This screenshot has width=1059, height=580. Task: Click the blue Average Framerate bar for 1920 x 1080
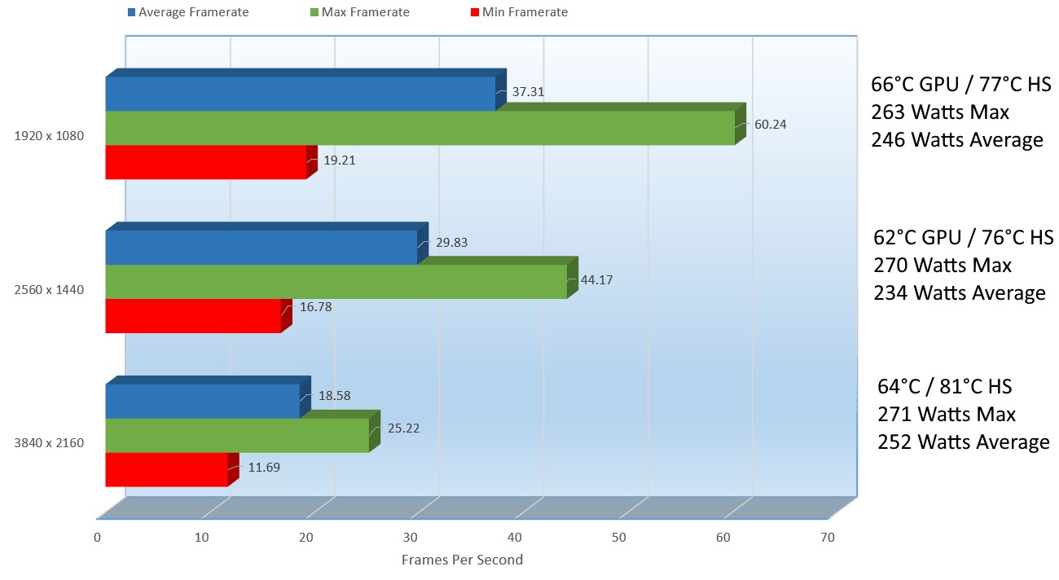tap(300, 94)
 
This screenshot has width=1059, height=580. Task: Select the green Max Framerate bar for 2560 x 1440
tap(336, 282)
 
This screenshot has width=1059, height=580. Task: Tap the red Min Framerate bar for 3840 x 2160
tap(166, 469)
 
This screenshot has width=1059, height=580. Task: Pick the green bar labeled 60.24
tap(420, 128)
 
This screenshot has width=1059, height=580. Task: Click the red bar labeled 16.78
tap(193, 316)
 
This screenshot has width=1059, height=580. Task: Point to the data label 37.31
tap(528, 92)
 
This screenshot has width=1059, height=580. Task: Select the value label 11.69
tap(260, 468)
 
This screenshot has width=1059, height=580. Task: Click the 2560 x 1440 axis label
tap(49, 289)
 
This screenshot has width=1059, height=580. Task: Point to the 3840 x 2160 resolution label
tap(49, 443)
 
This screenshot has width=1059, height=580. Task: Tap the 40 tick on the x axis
tap(515, 538)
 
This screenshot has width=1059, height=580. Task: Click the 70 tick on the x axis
tap(828, 538)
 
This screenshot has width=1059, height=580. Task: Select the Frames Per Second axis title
tap(462, 560)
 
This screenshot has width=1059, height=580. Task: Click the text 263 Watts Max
tap(940, 112)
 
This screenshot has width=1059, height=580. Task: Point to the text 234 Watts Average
tap(960, 292)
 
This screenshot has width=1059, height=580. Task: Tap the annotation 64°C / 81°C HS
tap(944, 386)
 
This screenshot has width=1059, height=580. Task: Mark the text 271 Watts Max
tap(947, 414)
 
